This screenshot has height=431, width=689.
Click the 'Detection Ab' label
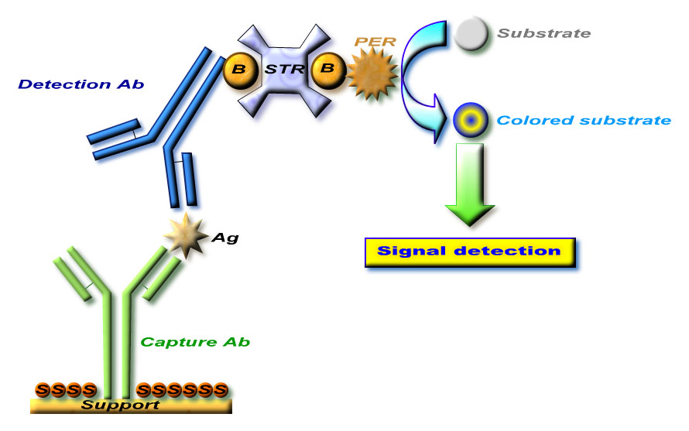81,84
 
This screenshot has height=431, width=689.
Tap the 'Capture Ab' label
195,341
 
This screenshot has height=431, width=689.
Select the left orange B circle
239,68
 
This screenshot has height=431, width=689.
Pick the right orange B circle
328,68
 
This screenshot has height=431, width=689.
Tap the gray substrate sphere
471,33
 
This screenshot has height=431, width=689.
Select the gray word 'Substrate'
543,33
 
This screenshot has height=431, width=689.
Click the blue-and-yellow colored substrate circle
468,121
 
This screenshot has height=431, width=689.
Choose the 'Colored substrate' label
584,121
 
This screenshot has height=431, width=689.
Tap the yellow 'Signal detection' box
469,251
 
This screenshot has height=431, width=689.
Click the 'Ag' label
225,238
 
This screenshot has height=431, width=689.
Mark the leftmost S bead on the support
43,389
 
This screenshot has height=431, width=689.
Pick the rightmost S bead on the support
221,389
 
